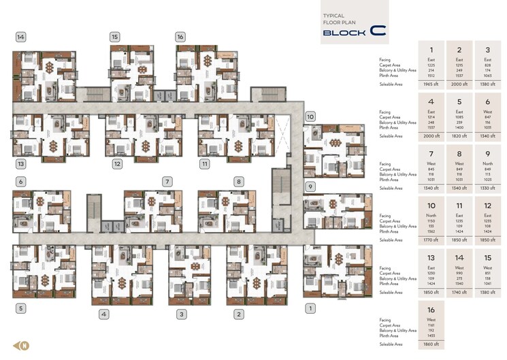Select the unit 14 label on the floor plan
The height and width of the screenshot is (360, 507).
[21, 37]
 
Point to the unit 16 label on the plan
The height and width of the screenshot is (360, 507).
[180, 37]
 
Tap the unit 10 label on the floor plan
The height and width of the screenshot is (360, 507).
[310, 116]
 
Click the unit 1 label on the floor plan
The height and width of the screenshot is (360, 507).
[311, 308]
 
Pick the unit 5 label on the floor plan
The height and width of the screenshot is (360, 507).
[21, 308]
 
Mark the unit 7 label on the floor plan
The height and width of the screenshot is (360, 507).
[166, 182]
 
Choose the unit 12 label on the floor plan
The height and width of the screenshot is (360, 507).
[117, 164]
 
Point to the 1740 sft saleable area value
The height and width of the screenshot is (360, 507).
[459, 292]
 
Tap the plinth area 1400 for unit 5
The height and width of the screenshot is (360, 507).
[459, 127]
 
